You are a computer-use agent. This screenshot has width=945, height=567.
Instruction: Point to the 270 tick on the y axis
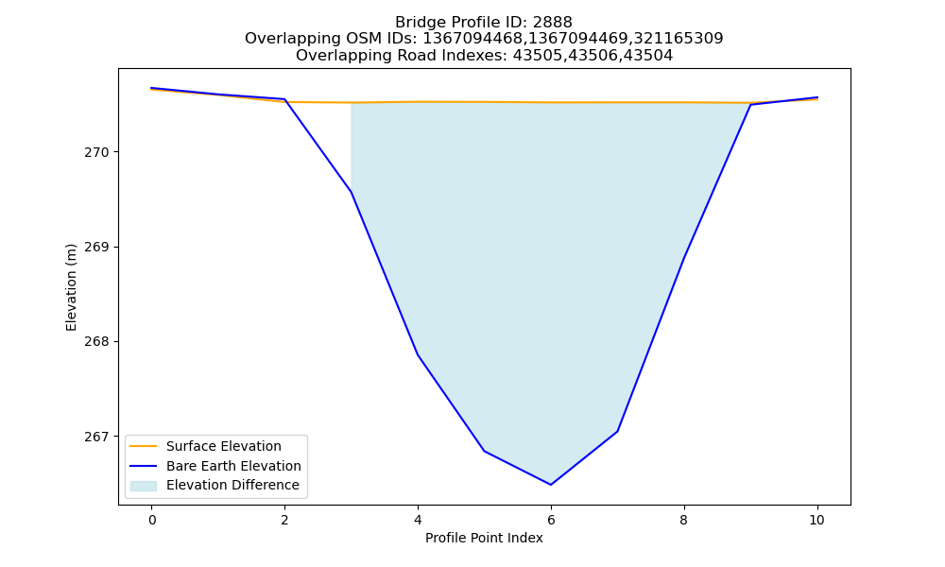[97, 152]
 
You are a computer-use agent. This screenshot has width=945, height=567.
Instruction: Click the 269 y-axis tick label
[97, 247]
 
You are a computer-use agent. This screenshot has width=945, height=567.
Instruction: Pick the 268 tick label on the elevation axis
[97, 342]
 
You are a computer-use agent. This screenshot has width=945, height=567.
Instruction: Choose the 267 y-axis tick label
[97, 437]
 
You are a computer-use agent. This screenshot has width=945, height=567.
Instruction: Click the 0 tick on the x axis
[152, 520]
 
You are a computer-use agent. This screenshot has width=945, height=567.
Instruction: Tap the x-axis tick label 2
[284, 520]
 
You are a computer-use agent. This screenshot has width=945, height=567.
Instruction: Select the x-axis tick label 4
[418, 520]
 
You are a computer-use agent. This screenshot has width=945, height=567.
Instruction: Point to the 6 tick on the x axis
[551, 520]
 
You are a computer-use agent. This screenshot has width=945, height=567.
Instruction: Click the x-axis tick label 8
[683, 520]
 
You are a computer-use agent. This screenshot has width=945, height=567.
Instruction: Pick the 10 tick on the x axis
[816, 520]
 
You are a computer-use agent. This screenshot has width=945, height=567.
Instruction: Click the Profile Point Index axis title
[484, 538]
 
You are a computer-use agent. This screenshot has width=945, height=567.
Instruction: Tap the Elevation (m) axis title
[71, 287]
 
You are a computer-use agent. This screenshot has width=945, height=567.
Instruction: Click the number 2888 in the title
[552, 23]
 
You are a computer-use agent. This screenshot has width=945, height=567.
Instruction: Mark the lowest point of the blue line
[551, 485]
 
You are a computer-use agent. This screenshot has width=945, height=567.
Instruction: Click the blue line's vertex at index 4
[418, 355]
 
